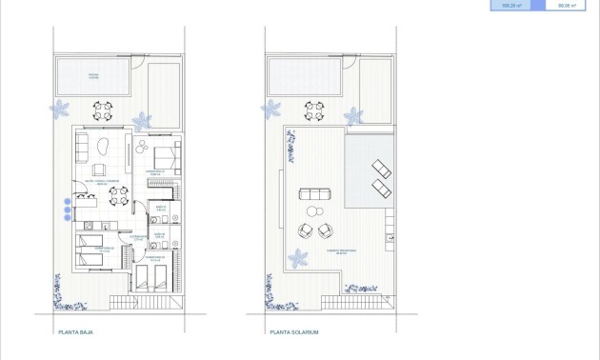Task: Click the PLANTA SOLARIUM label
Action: coord(292,332)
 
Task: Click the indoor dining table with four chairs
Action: coord(119,196)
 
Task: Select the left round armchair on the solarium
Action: coord(304,230)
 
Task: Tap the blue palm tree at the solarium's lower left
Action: coord(297,257)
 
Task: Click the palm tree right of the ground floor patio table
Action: coord(143,120)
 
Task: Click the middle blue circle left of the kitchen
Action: coord(67,210)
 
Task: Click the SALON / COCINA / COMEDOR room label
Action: coord(100,181)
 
